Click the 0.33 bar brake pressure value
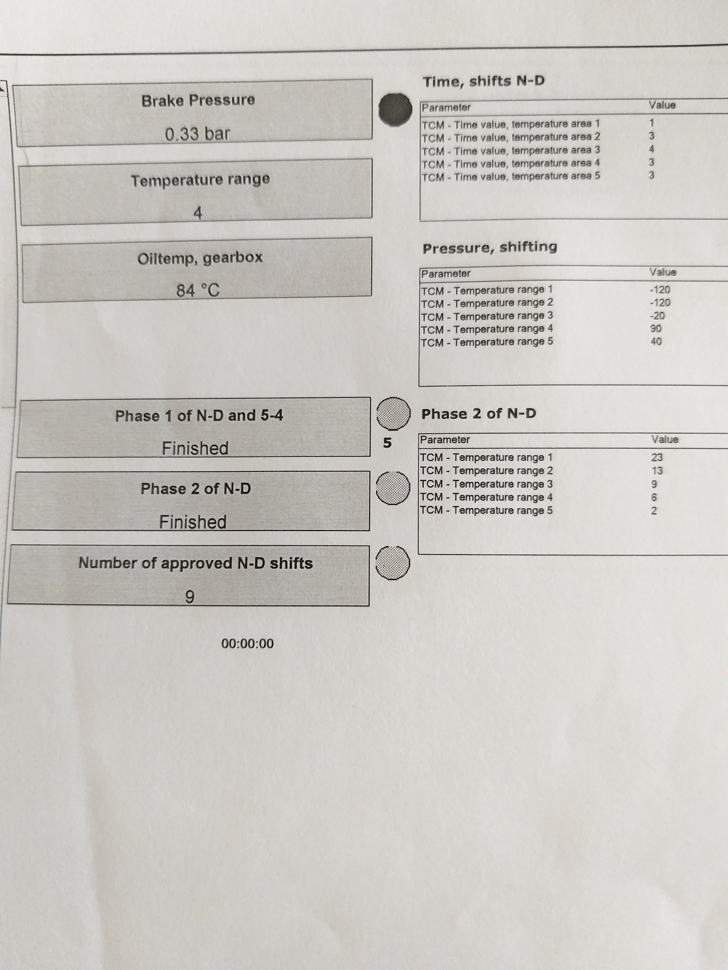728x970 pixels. tap(197, 134)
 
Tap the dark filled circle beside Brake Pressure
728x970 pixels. tap(395, 110)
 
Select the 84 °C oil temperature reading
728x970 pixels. tap(198, 290)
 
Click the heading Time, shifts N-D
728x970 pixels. tap(483, 81)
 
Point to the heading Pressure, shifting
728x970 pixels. tap(489, 248)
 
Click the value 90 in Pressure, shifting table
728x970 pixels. tap(656, 328)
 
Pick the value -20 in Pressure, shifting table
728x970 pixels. tap(657, 316)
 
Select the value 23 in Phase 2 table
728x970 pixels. tap(657, 457)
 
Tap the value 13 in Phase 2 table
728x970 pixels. tap(657, 470)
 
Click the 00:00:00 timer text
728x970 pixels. tap(247, 644)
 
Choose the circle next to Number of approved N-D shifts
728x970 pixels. tap(393, 563)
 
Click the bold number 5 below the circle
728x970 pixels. tap(387, 443)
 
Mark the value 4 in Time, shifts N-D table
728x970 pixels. tap(652, 149)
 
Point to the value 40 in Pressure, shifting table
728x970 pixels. tap(656, 342)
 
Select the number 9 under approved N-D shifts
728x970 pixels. tap(190, 597)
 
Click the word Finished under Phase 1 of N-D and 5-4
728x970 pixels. tap(195, 448)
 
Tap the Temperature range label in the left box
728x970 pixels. tap(200, 180)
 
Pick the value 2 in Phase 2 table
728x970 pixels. tap(654, 511)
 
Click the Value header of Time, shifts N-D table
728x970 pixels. tap(662, 105)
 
